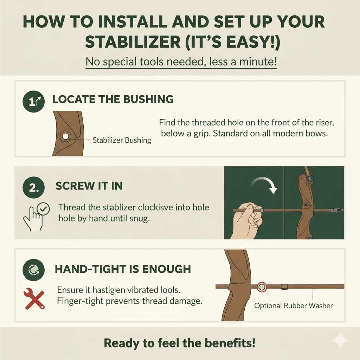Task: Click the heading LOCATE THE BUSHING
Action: click(113, 99)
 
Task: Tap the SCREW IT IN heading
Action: click(89, 186)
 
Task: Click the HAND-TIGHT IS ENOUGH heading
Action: click(123, 270)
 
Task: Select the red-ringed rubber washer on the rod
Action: click(261, 287)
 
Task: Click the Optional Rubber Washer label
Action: click(293, 306)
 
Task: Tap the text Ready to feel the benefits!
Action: click(179, 343)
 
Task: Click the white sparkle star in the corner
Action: click(340, 340)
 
